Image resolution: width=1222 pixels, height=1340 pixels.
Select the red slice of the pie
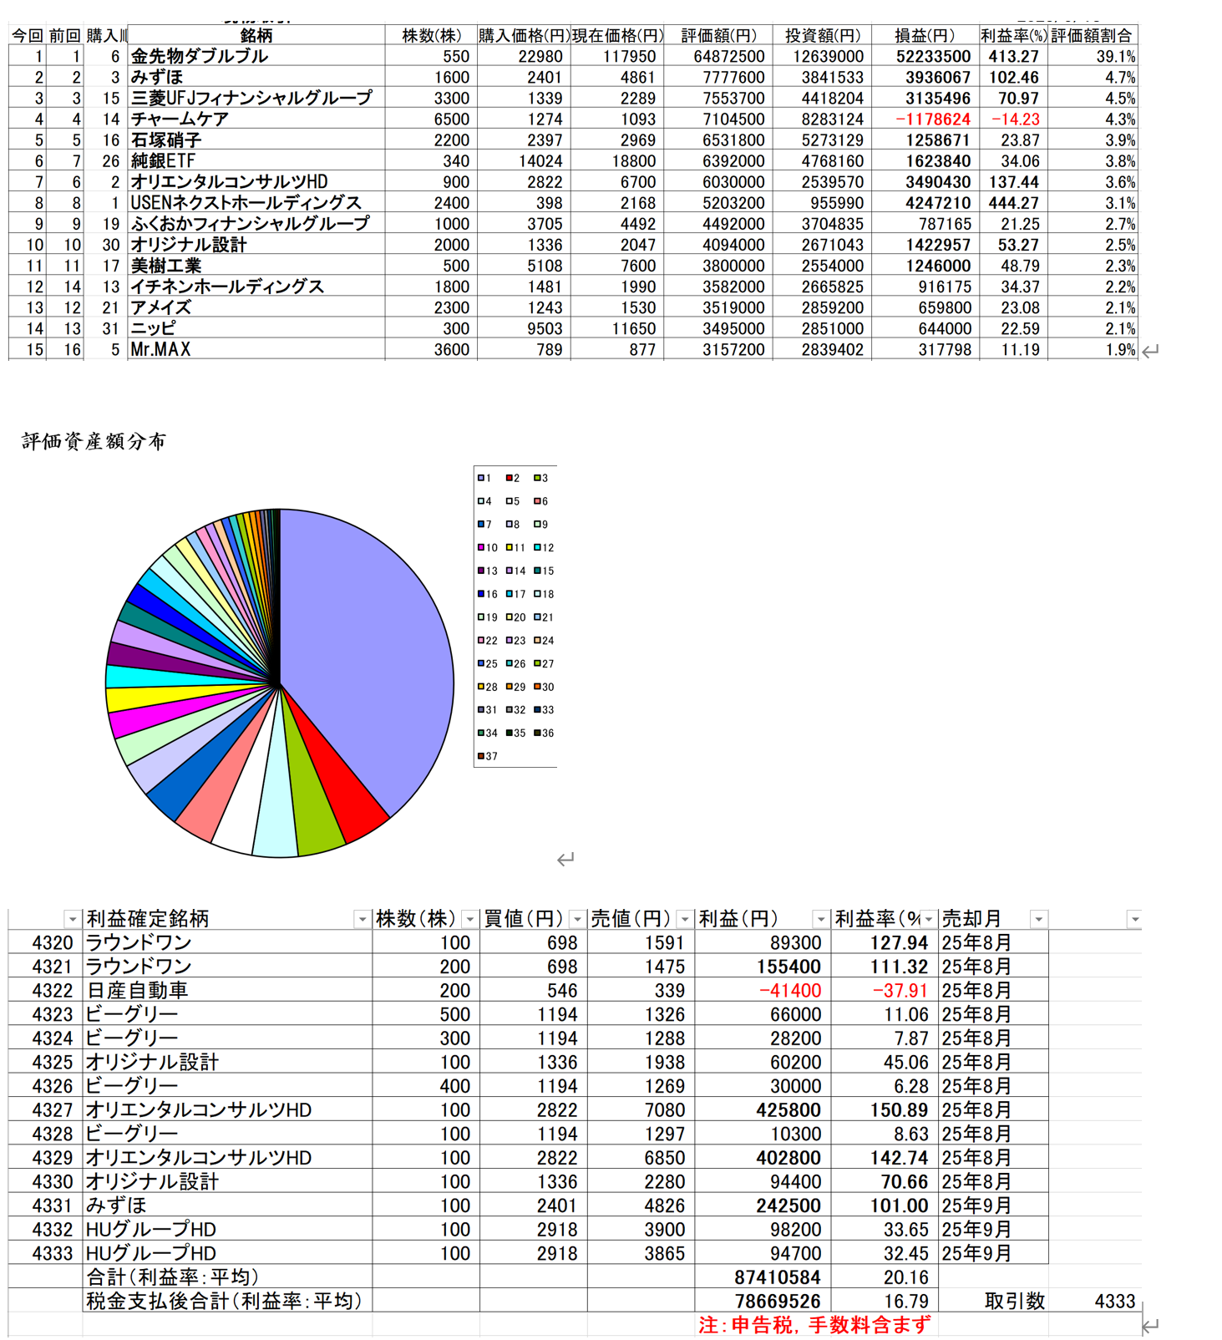coord(355,798)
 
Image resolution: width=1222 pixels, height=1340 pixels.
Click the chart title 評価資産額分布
coord(94,441)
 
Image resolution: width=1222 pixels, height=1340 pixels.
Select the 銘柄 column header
coord(256,35)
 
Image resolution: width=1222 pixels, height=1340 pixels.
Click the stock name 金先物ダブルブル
coord(200,56)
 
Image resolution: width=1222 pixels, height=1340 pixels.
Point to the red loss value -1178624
coord(933,119)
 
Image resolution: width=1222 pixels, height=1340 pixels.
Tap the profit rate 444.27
coord(1013,203)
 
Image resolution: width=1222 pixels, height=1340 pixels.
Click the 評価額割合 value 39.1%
coord(1115,56)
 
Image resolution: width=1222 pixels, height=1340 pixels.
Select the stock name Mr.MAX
coord(160,349)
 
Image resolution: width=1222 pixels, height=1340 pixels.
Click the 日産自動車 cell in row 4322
coord(137,990)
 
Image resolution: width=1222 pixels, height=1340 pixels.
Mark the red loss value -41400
coord(789,990)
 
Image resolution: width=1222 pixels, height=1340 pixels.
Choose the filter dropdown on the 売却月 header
coord(1038,919)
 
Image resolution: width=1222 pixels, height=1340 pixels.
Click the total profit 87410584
coord(777,1277)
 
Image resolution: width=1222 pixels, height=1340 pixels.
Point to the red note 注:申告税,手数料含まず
coord(814,1325)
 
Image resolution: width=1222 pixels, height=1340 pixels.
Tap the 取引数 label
coord(1014,1301)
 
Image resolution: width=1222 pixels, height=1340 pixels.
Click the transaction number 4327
coord(53,1109)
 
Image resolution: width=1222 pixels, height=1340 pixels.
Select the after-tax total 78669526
coord(777,1301)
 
